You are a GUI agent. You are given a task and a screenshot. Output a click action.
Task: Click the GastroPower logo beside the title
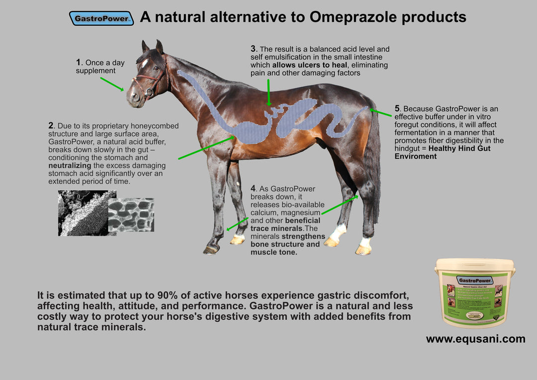point(101,18)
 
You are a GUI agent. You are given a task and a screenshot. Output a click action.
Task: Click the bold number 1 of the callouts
point(79,63)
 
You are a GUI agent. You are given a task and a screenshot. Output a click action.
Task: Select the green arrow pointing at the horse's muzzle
point(112,84)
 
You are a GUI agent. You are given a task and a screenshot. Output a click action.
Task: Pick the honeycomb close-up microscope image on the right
point(131,215)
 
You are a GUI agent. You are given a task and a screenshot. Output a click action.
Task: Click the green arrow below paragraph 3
point(268,92)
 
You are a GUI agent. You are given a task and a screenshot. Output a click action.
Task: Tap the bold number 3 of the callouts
point(253,49)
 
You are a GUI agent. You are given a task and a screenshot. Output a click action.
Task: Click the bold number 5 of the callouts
point(397,108)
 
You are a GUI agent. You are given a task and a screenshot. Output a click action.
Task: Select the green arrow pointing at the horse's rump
point(380,112)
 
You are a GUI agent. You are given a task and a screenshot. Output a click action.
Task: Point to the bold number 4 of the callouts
point(253,189)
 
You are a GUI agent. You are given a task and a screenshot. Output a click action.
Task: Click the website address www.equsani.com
point(475,339)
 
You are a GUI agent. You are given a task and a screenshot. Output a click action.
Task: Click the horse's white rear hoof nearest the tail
point(364,246)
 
